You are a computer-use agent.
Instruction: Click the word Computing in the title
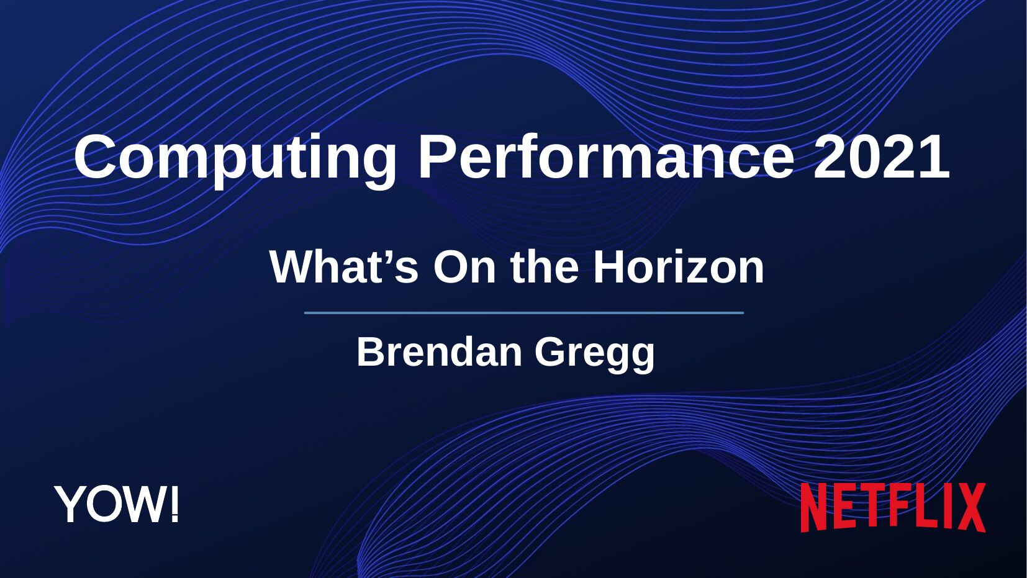pos(235,160)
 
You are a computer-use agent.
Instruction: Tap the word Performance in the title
pos(606,156)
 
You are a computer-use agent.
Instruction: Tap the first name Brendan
pos(439,352)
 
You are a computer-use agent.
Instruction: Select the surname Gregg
pos(595,355)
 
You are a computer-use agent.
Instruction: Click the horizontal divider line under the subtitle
pos(524,313)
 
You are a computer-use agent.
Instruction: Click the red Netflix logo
pos(893,507)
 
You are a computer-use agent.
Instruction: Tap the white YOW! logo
pos(116,503)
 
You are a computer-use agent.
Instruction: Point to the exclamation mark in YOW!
pos(174,503)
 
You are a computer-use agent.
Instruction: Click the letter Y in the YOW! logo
pos(69,504)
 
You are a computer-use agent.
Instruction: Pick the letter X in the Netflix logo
pos(969,507)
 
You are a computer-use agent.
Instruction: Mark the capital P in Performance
pos(438,156)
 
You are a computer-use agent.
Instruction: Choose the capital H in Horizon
pos(608,267)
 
